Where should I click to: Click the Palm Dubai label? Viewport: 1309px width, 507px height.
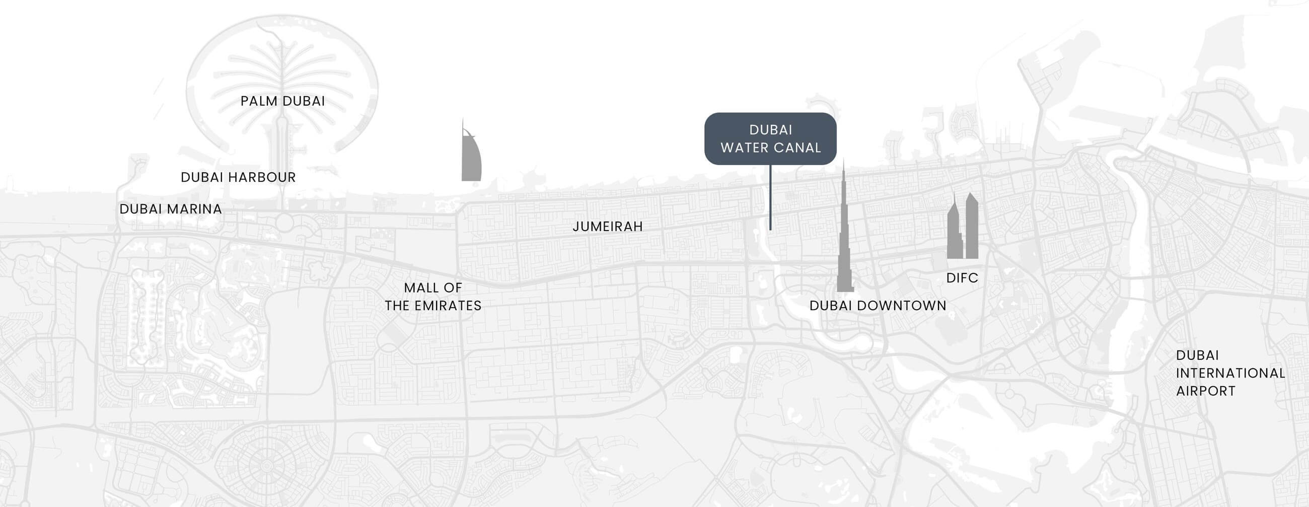pos(282,101)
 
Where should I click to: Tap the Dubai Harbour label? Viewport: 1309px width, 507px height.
pos(238,177)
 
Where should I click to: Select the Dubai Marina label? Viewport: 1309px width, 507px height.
pos(171,209)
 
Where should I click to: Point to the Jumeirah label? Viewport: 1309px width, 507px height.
pos(608,227)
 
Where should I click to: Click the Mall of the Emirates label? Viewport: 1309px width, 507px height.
pos(433,297)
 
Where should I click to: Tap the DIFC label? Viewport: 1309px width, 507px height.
pos(962,278)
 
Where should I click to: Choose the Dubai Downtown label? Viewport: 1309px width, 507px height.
pos(878,306)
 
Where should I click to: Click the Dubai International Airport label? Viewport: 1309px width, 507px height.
pos(1230,373)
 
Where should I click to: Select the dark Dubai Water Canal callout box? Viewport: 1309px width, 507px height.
pos(770,138)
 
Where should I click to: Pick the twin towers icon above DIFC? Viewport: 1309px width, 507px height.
pos(963,229)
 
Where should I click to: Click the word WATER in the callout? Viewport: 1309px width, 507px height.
pos(743,148)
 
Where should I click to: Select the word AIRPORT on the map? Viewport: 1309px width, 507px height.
pos(1205,391)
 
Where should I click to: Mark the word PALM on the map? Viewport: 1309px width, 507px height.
pos(259,101)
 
